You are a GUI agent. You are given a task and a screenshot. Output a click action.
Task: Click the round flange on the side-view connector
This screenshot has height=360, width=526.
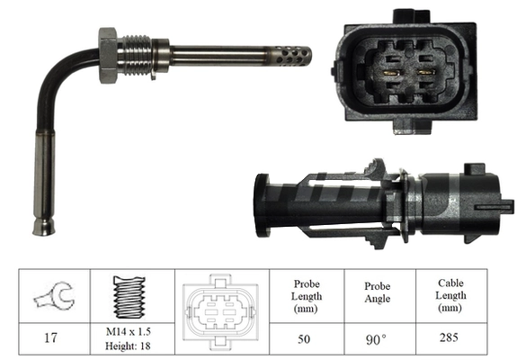(262, 205)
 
